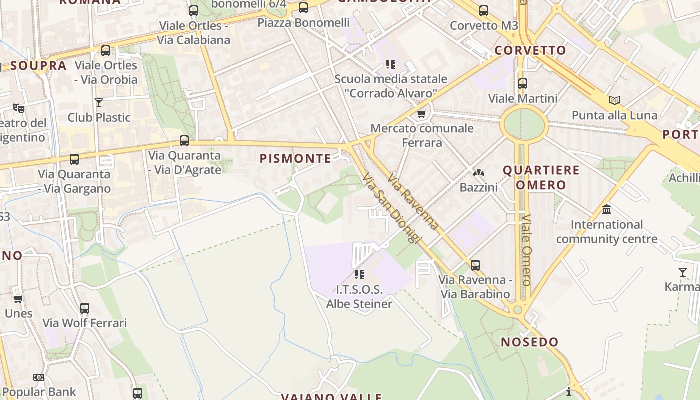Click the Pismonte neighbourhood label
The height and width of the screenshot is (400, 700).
click(x=295, y=159)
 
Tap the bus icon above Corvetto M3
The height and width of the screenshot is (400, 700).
click(x=483, y=11)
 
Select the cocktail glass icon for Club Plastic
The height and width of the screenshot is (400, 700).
click(x=99, y=103)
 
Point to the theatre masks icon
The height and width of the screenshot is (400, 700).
click(x=19, y=108)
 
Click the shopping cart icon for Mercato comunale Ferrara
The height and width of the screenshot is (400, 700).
click(x=422, y=114)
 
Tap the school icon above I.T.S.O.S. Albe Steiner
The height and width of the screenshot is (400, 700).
click(x=359, y=274)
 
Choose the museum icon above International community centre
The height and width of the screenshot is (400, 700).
click(x=607, y=209)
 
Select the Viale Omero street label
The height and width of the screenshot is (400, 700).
click(x=526, y=250)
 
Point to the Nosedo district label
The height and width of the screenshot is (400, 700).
click(x=529, y=342)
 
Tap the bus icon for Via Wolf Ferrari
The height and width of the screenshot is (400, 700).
click(x=85, y=308)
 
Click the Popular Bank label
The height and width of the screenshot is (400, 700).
click(x=39, y=392)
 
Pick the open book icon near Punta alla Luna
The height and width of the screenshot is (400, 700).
click(x=615, y=100)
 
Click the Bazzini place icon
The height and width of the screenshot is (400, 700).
click(x=479, y=173)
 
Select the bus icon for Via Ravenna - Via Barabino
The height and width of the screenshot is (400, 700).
click(x=475, y=265)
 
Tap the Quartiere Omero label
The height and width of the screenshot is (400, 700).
click(x=541, y=177)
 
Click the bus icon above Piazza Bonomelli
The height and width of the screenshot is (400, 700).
click(x=303, y=8)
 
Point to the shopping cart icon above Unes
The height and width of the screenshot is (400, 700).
click(x=18, y=299)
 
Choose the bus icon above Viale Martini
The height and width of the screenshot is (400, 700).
click(x=522, y=84)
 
